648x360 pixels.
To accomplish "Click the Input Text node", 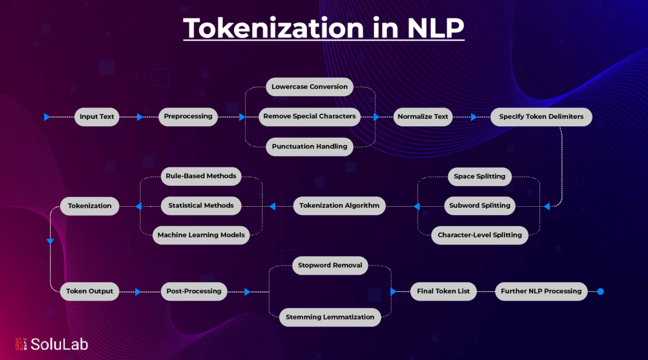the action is point(97,117).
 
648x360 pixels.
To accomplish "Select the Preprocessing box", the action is point(188,117).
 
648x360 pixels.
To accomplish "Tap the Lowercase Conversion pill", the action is point(309,87).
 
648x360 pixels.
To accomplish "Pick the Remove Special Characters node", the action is point(309,117).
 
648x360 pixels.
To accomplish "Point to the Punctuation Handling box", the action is point(309,147).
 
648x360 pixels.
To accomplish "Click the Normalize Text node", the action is point(423,117).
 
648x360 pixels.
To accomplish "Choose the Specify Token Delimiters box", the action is point(541,117).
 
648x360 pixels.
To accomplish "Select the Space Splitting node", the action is point(480,176).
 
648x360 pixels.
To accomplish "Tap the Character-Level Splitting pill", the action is point(480,235).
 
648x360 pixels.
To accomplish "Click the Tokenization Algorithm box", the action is point(339,206).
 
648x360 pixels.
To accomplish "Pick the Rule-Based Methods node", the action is point(201,176).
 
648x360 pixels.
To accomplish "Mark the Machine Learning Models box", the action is point(201,235).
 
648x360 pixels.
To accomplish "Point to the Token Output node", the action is point(90,291).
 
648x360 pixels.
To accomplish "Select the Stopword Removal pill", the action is point(330,266).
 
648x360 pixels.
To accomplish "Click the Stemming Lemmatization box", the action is point(330,317).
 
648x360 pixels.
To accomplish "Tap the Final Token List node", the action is point(443,291).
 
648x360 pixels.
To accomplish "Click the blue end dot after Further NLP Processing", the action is point(600,291).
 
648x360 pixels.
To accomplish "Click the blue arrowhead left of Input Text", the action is point(47,117).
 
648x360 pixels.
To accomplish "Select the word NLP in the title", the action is point(436,28).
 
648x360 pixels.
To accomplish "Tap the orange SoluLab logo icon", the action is point(21,344).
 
